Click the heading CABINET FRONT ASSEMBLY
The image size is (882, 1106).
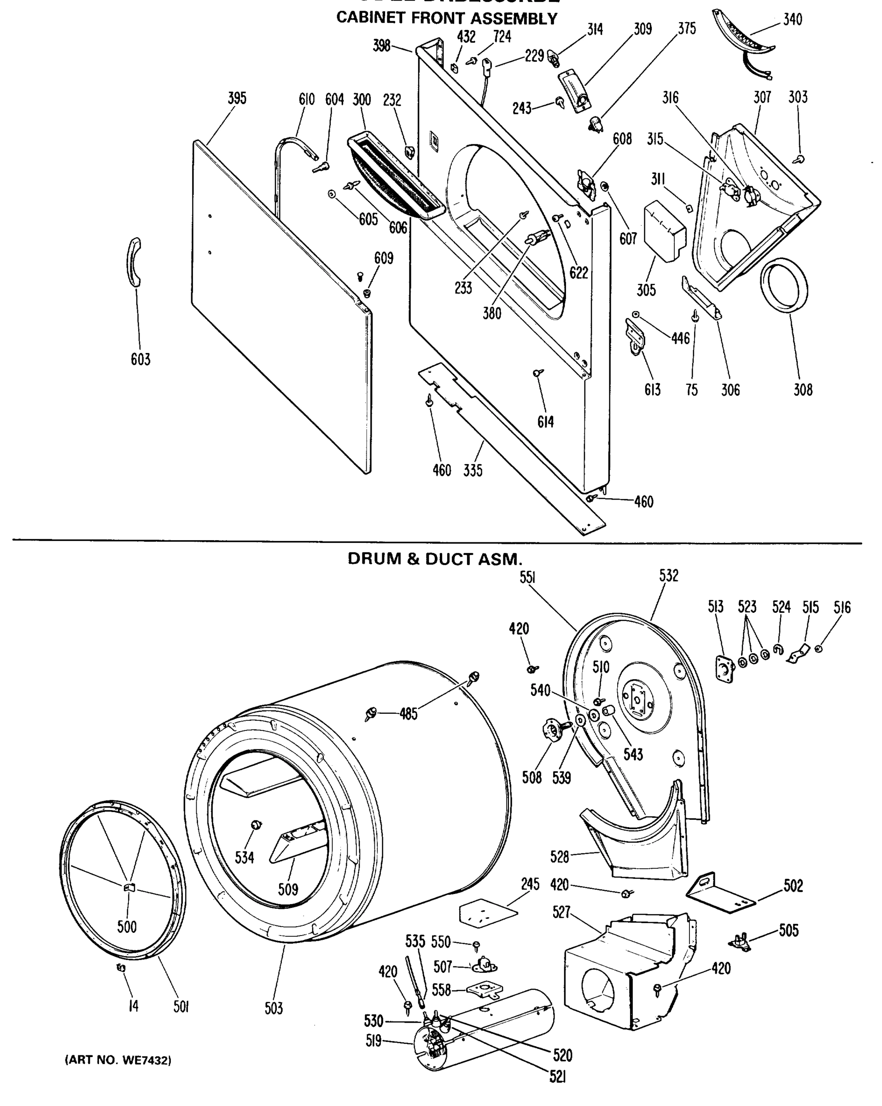tap(446, 18)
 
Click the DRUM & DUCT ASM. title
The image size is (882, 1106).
tap(435, 559)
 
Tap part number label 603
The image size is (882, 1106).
tap(140, 359)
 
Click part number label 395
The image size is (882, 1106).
tap(237, 99)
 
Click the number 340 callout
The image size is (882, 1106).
tap(793, 19)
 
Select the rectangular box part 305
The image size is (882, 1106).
tap(664, 231)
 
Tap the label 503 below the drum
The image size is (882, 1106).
tap(274, 1008)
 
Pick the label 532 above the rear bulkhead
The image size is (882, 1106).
tap(669, 576)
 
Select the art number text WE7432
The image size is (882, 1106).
tap(117, 1060)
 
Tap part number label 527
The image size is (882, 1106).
tap(561, 912)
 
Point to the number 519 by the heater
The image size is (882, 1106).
tap(374, 1041)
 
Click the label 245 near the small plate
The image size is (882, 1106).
tap(530, 884)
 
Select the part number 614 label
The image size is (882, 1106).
tap(546, 422)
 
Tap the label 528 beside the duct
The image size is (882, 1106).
tap(560, 856)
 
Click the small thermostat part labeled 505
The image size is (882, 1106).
tap(739, 941)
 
